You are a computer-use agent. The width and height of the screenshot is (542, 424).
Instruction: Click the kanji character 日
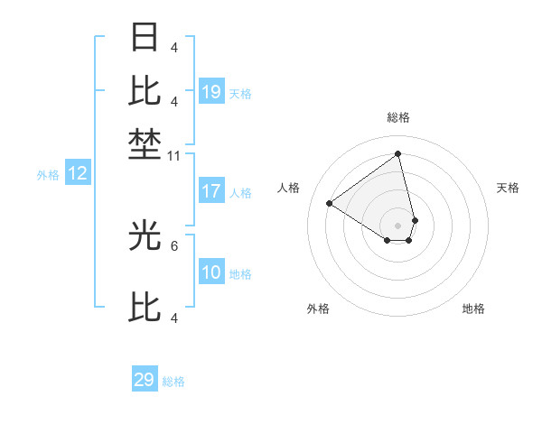(145, 38)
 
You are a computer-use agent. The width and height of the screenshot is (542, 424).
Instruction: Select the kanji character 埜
(145, 145)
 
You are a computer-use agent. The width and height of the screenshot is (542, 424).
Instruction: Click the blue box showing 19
(211, 92)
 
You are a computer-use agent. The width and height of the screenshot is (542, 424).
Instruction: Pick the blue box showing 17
(211, 191)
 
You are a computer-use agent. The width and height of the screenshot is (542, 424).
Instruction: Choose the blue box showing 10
(211, 273)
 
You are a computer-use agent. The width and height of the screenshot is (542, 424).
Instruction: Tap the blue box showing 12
(78, 174)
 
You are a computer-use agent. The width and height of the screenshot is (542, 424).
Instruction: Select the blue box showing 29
(145, 380)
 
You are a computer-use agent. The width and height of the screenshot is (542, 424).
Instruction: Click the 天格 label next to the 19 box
(240, 93)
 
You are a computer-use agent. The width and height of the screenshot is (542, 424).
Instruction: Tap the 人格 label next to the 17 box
(240, 192)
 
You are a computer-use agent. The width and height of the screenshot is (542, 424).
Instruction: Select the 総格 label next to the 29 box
(173, 382)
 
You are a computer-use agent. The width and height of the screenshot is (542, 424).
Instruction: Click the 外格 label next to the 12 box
(48, 175)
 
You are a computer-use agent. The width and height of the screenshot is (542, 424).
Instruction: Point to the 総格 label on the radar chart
(398, 117)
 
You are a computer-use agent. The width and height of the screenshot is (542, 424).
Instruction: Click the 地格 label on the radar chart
(473, 309)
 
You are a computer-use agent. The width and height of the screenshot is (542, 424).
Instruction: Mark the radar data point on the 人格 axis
(330, 203)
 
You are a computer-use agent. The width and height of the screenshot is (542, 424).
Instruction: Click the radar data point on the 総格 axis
(398, 153)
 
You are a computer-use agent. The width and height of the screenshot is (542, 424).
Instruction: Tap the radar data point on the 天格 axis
(415, 219)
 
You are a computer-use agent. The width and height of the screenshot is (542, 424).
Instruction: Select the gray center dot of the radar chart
(398, 225)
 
